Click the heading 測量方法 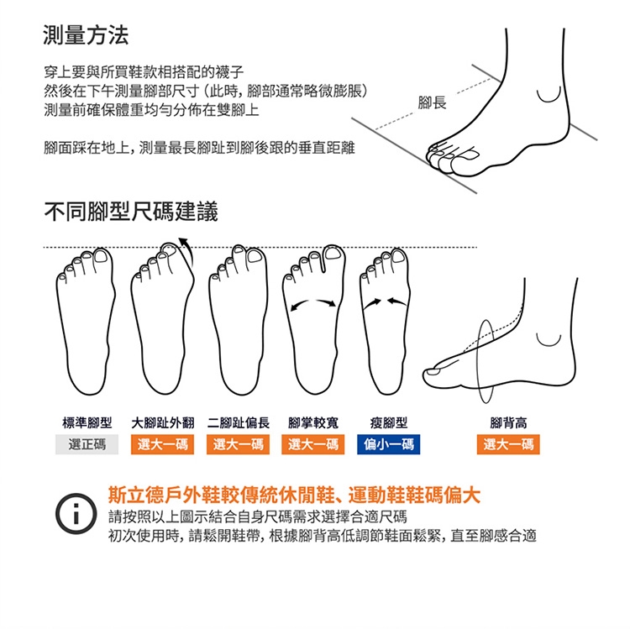point(86,36)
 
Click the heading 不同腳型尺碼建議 point(131,212)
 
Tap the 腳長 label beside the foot point(432,102)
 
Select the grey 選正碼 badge point(87,444)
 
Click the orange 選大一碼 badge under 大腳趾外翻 point(162,444)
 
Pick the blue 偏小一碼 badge point(389,444)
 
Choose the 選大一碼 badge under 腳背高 point(508,444)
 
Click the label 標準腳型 point(87,422)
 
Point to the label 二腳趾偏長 point(239,422)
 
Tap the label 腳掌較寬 point(313,422)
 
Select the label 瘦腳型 point(389,422)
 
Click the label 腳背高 point(508,422)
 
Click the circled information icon point(76,514)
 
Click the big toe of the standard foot point(101,257)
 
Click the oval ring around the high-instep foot point(477,361)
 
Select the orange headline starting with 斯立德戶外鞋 point(294,495)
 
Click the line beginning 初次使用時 point(323,536)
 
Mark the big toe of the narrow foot point(398,257)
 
